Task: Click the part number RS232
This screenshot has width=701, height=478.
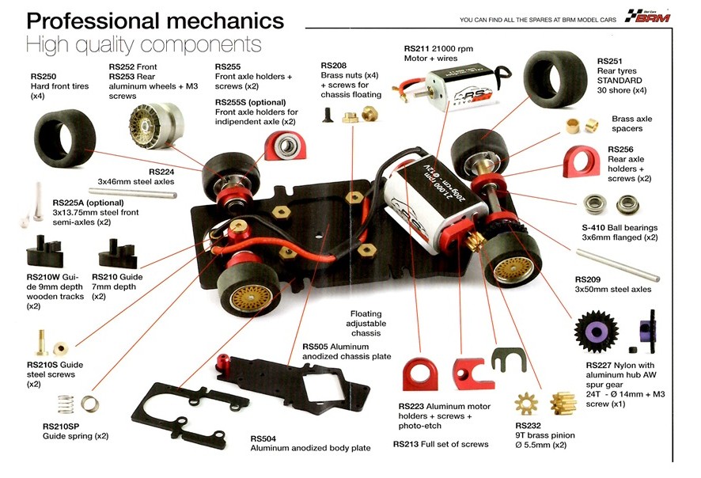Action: [529, 424]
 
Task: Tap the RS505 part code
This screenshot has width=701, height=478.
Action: [317, 346]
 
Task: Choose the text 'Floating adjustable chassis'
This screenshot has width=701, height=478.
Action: [366, 323]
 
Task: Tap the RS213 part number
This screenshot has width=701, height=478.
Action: [408, 444]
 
